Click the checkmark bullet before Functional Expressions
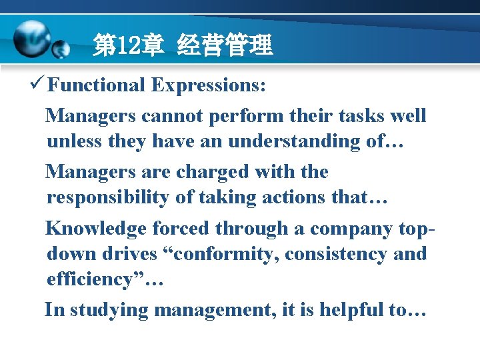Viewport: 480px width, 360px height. click(38, 85)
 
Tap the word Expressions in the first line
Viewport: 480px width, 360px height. click(209, 85)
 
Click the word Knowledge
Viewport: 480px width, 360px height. click(95, 228)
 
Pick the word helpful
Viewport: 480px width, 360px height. click(351, 311)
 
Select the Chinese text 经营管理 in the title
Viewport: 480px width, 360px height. click(225, 46)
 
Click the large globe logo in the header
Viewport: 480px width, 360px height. click(31, 39)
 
